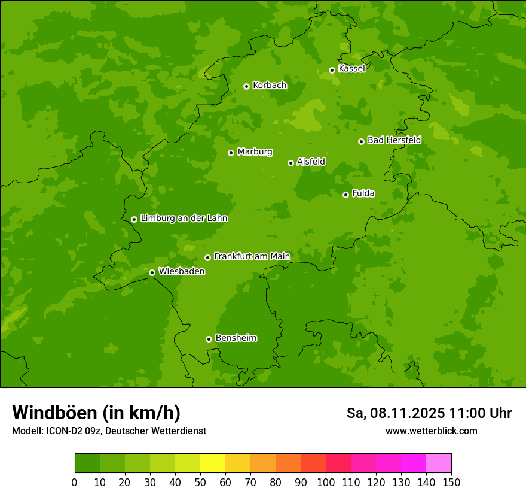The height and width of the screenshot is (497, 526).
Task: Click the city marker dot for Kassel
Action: coord(332,70)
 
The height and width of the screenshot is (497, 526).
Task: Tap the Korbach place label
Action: coord(270,85)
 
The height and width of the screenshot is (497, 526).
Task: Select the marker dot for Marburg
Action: coord(231,153)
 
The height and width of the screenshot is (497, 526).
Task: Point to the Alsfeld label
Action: coord(311,161)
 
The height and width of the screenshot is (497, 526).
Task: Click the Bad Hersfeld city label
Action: coord(394,140)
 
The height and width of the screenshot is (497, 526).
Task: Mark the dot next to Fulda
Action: coord(345,195)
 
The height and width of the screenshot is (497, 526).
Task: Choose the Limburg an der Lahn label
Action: coord(184,218)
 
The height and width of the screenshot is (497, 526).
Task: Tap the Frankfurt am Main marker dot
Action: coord(207,257)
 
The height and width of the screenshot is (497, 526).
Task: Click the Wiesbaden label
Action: coord(182,271)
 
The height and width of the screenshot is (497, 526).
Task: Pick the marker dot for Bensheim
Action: coord(209,339)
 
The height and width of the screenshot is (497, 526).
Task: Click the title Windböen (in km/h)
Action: coord(96,413)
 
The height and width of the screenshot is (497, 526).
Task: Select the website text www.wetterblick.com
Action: coord(431,431)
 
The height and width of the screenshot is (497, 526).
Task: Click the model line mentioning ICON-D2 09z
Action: coord(109,431)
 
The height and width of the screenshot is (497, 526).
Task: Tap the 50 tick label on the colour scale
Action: coord(200,482)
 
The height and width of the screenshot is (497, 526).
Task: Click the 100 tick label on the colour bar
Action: coord(326,482)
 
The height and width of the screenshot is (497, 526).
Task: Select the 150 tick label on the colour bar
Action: coord(451,482)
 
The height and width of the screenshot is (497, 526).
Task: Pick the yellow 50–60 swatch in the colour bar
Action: coord(213,463)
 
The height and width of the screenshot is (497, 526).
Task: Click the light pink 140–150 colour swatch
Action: coord(439,463)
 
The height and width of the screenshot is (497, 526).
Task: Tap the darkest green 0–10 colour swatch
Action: coord(87,463)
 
